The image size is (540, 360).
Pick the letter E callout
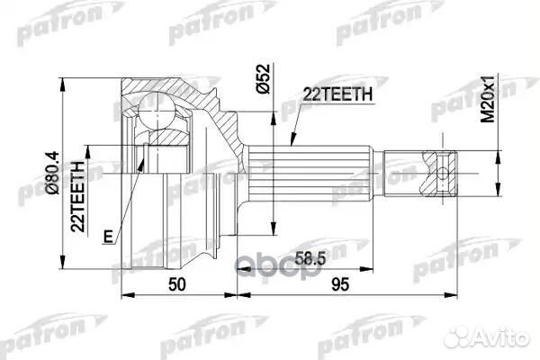108,237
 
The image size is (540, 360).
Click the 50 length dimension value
178,285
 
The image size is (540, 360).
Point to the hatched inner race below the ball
167,144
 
